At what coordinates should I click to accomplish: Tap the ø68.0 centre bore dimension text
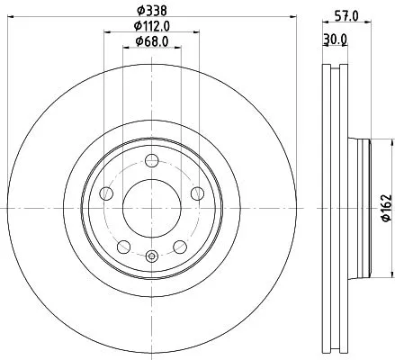[151, 41]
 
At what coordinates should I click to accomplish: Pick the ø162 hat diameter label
[385, 208]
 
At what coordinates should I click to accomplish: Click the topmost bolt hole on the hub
[151, 161]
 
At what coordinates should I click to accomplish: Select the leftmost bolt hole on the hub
[105, 193]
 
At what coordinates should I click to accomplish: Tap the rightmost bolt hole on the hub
[197, 193]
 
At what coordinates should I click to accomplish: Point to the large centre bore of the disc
[151, 209]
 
